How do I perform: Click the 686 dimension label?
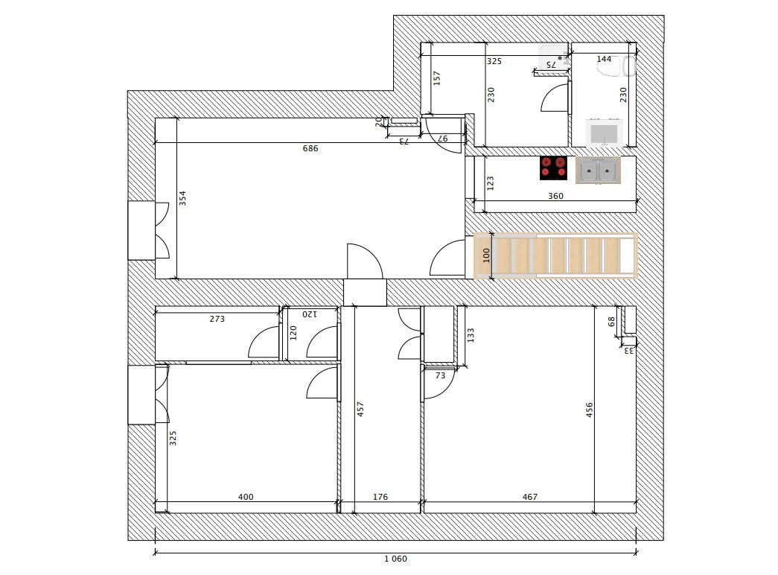coord(310,149)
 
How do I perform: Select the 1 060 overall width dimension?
coord(395,559)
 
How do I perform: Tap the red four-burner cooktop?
coord(553,168)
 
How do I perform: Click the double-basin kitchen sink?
coord(599,171)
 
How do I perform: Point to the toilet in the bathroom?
coord(615,67)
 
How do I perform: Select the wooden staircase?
coord(555,255)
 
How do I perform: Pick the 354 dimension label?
coord(183,199)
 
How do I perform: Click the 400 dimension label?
coord(246,498)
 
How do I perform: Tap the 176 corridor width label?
coord(380,498)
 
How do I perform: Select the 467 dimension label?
coord(529,498)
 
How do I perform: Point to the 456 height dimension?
coord(589,410)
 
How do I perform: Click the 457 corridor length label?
coord(360,409)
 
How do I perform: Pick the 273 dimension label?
coord(217,319)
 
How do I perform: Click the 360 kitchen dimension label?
coord(555,197)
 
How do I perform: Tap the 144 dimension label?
coord(604,59)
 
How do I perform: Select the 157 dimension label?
coord(437,77)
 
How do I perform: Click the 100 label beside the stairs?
coord(487,255)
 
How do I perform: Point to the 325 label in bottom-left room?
coord(173,438)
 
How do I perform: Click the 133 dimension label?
coord(471,335)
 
